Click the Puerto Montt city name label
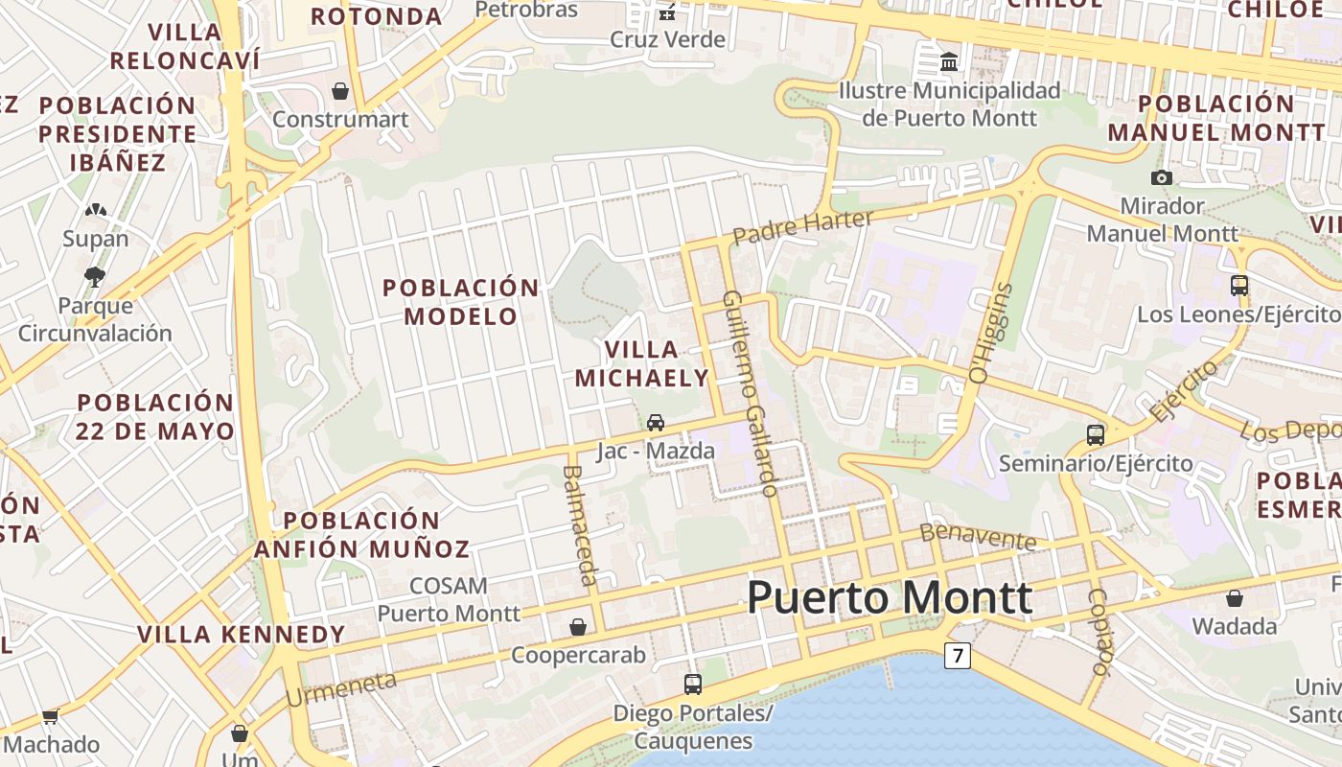pos(890,597)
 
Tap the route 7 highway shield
pos(957,656)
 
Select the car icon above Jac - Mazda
pos(656,422)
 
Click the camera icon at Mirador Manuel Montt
pos(1161,177)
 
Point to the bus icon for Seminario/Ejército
pos(1096,434)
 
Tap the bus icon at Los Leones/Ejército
pos(1238,285)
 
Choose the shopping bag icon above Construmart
pos(339,91)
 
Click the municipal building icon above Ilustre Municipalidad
pos(949,62)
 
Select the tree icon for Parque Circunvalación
pos(94,277)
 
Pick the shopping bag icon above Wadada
pos(1235,598)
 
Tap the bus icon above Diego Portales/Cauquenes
pos(693,684)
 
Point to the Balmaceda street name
pos(580,524)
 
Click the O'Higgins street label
pos(991,333)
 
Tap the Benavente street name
pos(978,537)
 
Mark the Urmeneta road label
pos(341,688)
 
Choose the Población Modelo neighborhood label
pos(461,301)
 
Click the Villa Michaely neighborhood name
pos(641,363)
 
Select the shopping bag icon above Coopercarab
pos(578,627)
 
